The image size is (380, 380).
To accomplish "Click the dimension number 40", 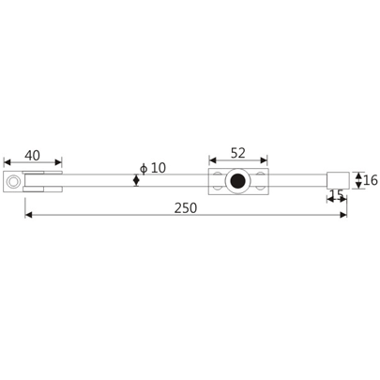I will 32,155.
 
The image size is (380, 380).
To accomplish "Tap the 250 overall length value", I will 185,207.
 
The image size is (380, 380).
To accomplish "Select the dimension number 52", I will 237,152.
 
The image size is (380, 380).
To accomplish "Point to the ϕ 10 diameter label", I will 151,168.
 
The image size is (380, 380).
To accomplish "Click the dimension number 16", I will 369,179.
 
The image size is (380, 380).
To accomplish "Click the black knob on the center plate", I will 238,180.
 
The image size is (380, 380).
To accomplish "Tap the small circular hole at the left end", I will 14,180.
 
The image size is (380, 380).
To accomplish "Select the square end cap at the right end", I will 338,180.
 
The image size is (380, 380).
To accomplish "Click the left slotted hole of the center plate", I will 219,180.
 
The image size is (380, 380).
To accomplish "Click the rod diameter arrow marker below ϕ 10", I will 137,180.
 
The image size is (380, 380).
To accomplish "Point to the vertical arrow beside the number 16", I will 357,179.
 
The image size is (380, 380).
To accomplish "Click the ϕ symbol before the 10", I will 142,168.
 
